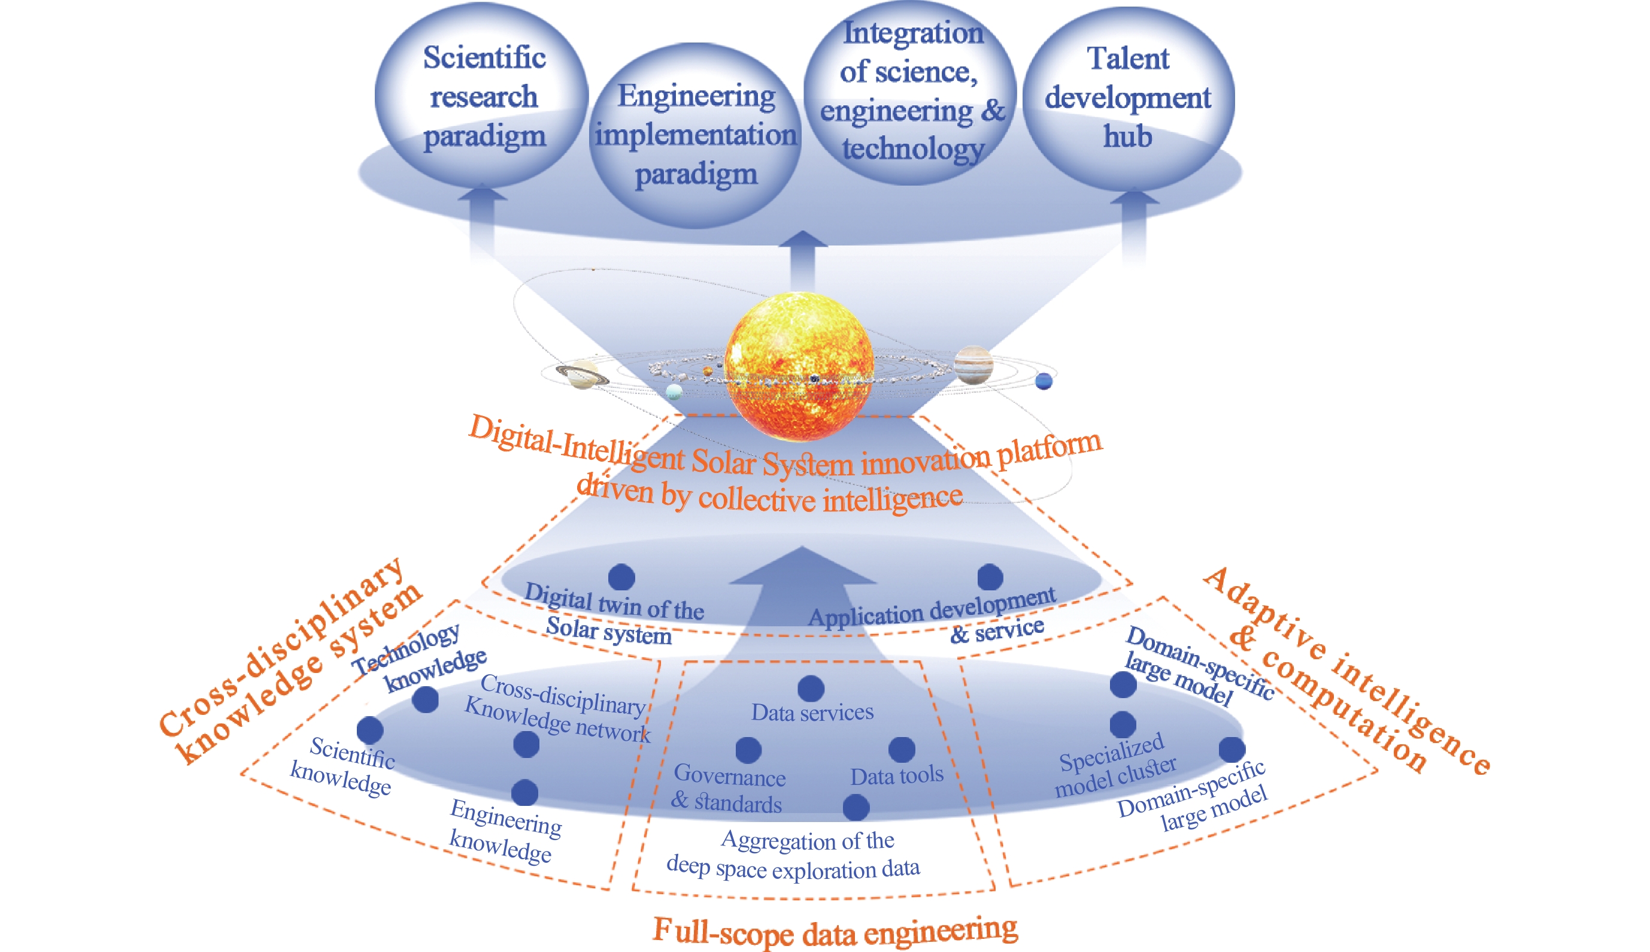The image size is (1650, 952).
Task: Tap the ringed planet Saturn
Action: click(582, 375)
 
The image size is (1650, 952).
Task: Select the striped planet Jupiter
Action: click(973, 364)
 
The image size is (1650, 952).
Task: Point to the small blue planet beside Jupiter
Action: click(1044, 381)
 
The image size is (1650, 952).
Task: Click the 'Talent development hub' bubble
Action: click(1128, 98)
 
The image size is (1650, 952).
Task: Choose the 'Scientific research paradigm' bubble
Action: click(483, 97)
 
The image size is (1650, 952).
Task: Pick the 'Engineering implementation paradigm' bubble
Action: click(696, 135)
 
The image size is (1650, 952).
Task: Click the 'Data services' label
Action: click(812, 712)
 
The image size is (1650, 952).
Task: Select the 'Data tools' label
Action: click(896, 776)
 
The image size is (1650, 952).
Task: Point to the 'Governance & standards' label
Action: click(728, 789)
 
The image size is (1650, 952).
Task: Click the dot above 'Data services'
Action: click(811, 689)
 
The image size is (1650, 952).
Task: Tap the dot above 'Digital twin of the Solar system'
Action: click(621, 577)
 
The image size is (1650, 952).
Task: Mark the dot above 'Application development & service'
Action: click(990, 577)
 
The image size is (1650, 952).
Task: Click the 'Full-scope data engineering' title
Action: click(835, 931)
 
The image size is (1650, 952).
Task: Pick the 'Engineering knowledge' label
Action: click(504, 830)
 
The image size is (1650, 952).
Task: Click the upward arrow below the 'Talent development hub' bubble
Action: click(1134, 226)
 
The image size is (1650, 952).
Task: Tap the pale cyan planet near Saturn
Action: click(674, 392)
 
